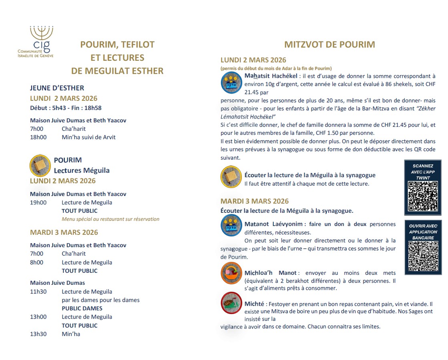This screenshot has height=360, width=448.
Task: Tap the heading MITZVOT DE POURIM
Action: (x=329, y=44)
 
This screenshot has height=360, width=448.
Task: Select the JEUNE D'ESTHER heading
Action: (x=57, y=88)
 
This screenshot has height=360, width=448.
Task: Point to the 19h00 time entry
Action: (x=38, y=202)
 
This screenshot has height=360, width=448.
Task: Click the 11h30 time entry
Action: (x=38, y=292)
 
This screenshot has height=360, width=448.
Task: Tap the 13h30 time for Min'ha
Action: (x=38, y=334)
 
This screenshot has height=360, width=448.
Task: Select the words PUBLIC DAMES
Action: (x=82, y=308)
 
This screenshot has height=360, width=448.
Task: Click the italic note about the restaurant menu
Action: (x=110, y=219)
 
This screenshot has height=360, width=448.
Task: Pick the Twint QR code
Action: (x=423, y=196)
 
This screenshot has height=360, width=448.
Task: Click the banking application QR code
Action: (x=423, y=256)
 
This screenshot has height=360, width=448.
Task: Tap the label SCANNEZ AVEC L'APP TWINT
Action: (x=423, y=171)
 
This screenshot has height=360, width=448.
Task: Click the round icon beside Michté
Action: (x=231, y=304)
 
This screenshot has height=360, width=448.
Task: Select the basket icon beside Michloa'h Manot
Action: (x=231, y=273)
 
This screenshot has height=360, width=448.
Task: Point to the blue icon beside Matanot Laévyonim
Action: (x=231, y=225)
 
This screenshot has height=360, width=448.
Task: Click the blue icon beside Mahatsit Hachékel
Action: (x=231, y=83)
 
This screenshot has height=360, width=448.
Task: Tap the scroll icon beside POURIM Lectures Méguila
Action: (x=40, y=165)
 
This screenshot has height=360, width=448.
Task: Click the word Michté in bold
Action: (x=254, y=304)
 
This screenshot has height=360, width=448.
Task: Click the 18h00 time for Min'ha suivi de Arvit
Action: (x=38, y=137)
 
